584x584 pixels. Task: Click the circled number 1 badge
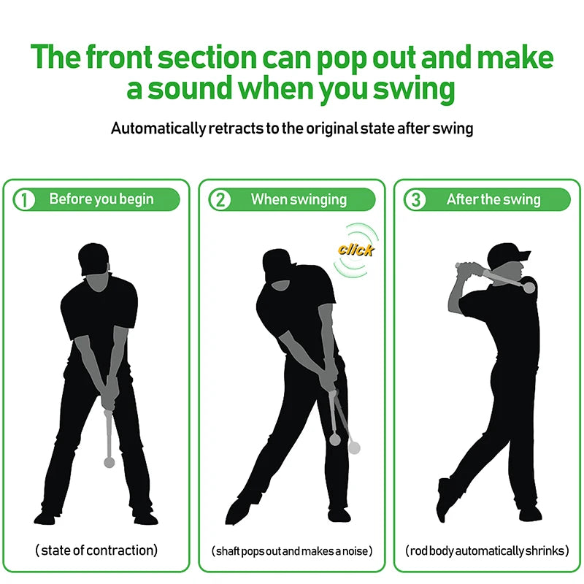point(24,199)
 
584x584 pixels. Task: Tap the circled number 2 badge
point(220,199)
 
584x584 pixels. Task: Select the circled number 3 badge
point(415,199)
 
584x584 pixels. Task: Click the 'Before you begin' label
point(101,199)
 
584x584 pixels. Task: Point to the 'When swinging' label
point(299,199)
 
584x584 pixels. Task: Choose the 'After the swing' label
point(493,199)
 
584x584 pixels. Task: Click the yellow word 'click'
point(356,250)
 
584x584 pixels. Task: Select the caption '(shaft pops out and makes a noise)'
point(292,551)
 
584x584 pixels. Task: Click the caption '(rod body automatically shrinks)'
point(487,551)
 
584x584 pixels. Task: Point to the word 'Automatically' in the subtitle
point(156,128)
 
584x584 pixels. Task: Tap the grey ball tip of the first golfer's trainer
point(109,462)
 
